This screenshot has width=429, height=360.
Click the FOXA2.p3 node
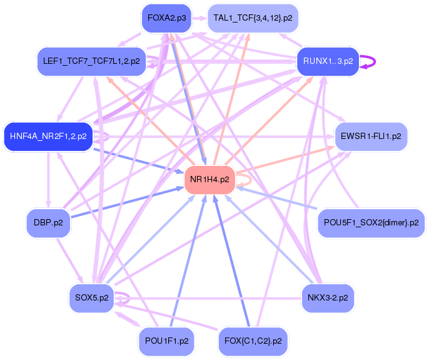166,18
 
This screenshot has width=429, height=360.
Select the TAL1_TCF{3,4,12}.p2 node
253,18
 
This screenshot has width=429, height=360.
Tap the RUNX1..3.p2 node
328,61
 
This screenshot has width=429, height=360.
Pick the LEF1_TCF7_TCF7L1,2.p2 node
91,61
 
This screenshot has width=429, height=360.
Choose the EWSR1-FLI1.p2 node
371,136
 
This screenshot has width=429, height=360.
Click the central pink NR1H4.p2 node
209,179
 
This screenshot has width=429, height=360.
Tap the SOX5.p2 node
91,297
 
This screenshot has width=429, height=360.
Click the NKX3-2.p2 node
328,297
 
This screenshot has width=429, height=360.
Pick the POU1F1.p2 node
166,341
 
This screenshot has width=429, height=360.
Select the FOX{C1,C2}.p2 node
253,341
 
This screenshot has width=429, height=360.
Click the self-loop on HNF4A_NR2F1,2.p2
108,136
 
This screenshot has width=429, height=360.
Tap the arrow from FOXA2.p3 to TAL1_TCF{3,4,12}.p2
199,18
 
